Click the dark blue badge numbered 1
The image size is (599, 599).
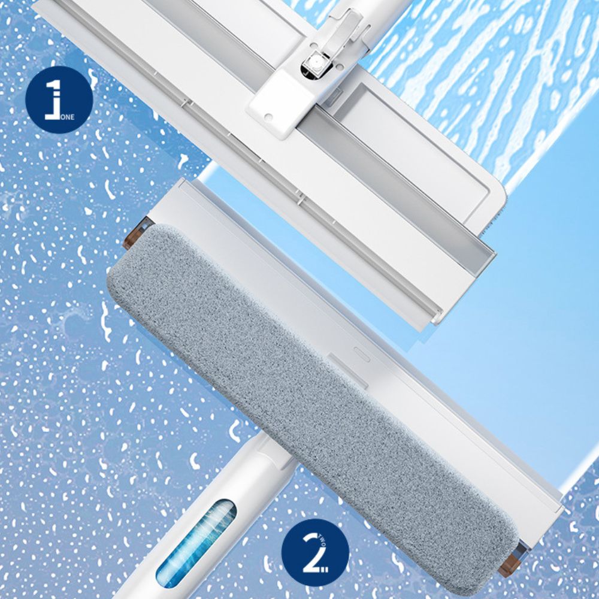pos(59,99)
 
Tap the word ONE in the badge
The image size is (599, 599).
pos(67,117)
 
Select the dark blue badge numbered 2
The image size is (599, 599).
pos(315,552)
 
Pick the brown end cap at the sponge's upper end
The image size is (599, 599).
pos(135,233)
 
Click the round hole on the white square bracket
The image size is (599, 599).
pos(268,117)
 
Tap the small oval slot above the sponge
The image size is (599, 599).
pos(361,354)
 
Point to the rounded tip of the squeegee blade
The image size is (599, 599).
pos(436,318)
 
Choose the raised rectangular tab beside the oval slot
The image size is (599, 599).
pos(347,371)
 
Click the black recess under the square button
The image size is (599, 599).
pos(310,72)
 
